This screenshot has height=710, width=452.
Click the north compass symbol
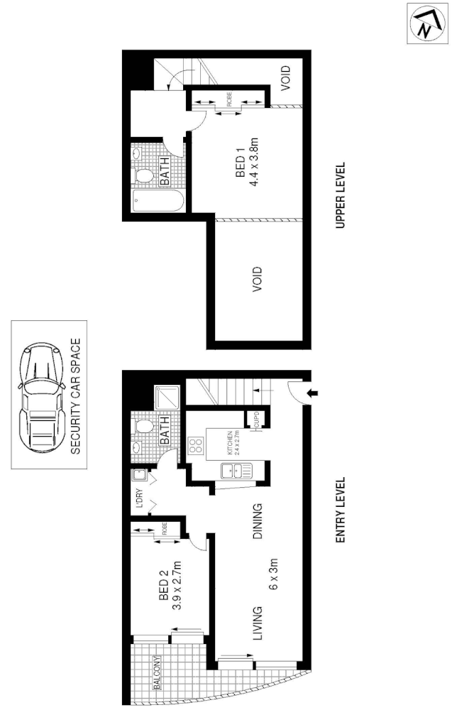pyautogui.click(x=424, y=25)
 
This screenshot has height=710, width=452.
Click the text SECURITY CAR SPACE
pyautogui.click(x=75, y=396)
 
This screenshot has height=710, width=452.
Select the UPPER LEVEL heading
pyautogui.click(x=340, y=196)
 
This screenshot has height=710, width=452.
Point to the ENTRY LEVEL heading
pyautogui.click(x=340, y=510)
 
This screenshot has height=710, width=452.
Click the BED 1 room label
pyautogui.click(x=240, y=165)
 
